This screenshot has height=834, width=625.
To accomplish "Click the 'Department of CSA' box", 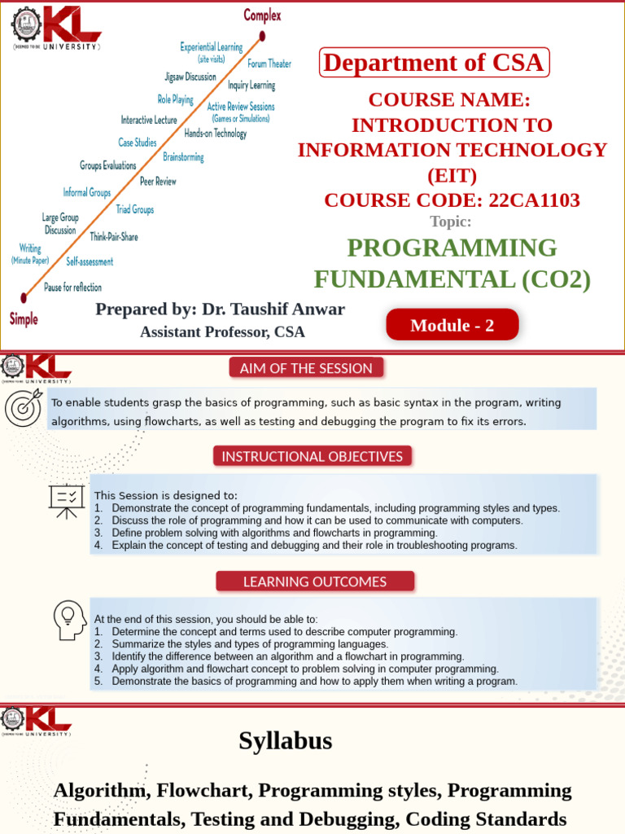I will (x=435, y=63).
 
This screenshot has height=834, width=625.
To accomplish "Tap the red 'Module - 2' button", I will (x=452, y=325).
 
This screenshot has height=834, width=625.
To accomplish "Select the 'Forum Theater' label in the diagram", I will (x=269, y=64).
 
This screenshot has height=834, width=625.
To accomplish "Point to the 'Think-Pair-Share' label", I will (x=114, y=237).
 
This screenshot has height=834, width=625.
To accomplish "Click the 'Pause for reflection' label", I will (x=72, y=288).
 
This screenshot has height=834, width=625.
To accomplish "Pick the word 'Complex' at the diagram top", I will (x=262, y=15).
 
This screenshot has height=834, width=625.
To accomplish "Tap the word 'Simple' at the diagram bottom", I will (x=24, y=319).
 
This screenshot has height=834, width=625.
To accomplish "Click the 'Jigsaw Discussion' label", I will (x=190, y=77).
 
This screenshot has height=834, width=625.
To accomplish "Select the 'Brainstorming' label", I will (x=183, y=156).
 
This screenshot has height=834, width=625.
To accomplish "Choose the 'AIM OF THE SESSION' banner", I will (x=306, y=368).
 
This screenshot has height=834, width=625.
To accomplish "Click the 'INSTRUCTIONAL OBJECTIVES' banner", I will (x=312, y=456).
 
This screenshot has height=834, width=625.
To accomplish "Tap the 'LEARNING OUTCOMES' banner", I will (x=315, y=582).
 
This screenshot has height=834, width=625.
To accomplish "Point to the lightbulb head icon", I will (x=69, y=620).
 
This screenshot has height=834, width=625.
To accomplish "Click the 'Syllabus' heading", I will (x=286, y=741).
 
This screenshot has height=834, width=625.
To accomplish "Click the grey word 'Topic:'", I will (x=451, y=222).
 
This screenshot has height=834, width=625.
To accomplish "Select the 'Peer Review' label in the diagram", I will (x=158, y=182).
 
